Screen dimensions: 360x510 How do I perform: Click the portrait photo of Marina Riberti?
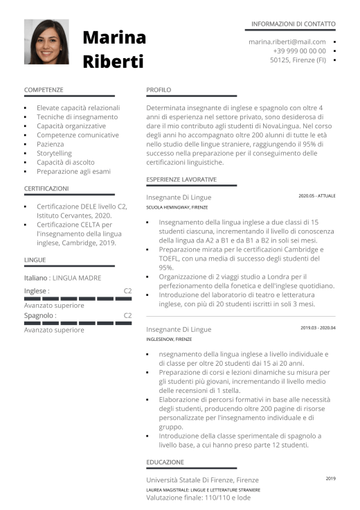pyautogui.click(x=46, y=42)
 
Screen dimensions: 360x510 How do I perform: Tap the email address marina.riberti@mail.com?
pyautogui.click(x=287, y=42)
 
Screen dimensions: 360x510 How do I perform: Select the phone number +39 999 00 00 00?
pyautogui.click(x=299, y=51)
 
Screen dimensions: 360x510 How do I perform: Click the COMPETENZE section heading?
pyautogui.click(x=44, y=90)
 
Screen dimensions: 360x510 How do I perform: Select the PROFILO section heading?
pyautogui.click(x=159, y=90)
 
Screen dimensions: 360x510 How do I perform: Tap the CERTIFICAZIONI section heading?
pyautogui.click(x=46, y=188)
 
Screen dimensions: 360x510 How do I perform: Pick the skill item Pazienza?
pyautogui.click(x=50, y=144)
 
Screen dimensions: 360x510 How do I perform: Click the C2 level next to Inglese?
pyautogui.click(x=127, y=291)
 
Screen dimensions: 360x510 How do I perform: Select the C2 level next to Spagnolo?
pyautogui.click(x=127, y=315)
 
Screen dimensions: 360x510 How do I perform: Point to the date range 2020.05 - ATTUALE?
pyautogui.click(x=316, y=196)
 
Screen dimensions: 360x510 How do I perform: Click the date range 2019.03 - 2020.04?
pyautogui.click(x=318, y=327)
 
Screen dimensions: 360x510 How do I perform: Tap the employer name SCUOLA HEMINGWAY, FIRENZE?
pyautogui.click(x=177, y=207)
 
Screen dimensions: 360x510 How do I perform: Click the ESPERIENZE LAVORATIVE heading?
pyautogui.click(x=181, y=179)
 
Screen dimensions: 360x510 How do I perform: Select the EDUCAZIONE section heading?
pyautogui.click(x=165, y=461)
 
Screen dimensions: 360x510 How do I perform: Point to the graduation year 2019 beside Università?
pyautogui.click(x=330, y=478)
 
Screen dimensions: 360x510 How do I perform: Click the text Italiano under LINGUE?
pyautogui.click(x=35, y=278)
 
